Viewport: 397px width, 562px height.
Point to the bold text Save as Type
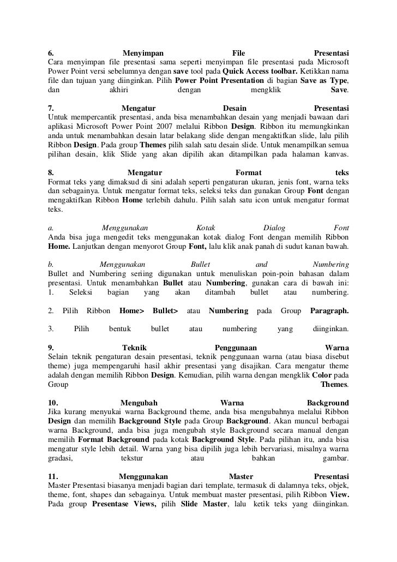324,80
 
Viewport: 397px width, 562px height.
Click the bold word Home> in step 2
131,311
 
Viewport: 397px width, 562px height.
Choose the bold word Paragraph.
329,311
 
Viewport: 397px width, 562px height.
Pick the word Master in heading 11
241,476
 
